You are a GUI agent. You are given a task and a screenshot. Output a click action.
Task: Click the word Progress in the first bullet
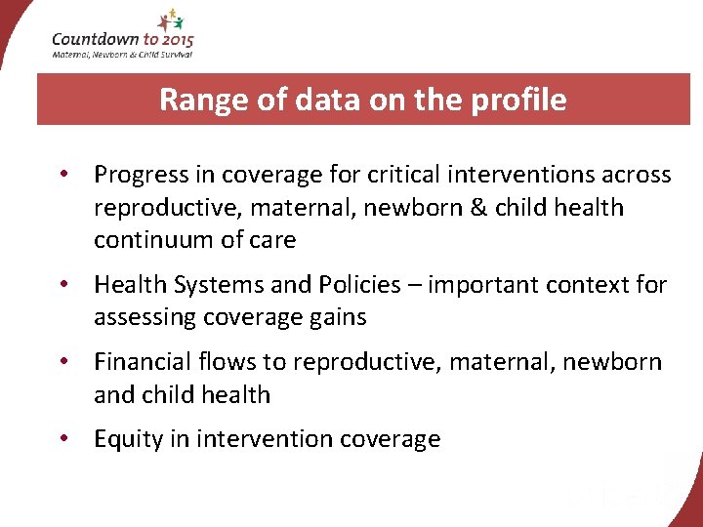click(141, 175)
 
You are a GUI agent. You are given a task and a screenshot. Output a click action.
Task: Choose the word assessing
click(143, 317)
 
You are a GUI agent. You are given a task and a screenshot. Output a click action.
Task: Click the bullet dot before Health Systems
click(62, 285)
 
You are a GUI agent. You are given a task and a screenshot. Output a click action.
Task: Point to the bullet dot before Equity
click(62, 439)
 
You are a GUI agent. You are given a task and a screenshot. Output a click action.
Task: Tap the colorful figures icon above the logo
click(168, 19)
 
